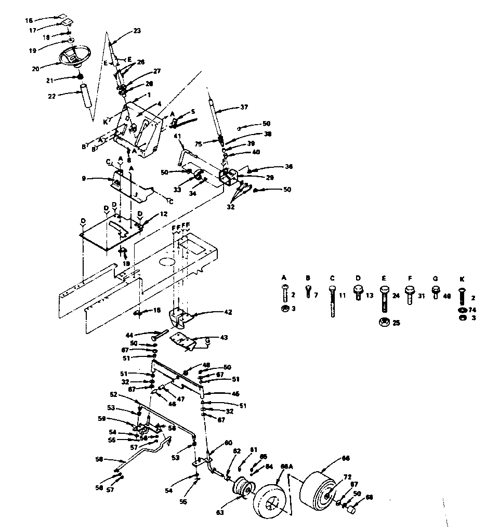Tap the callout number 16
coord(29,20)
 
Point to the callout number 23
coord(137,30)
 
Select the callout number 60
coord(228,443)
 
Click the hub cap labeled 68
coord(350,510)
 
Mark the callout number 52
coord(113,394)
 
